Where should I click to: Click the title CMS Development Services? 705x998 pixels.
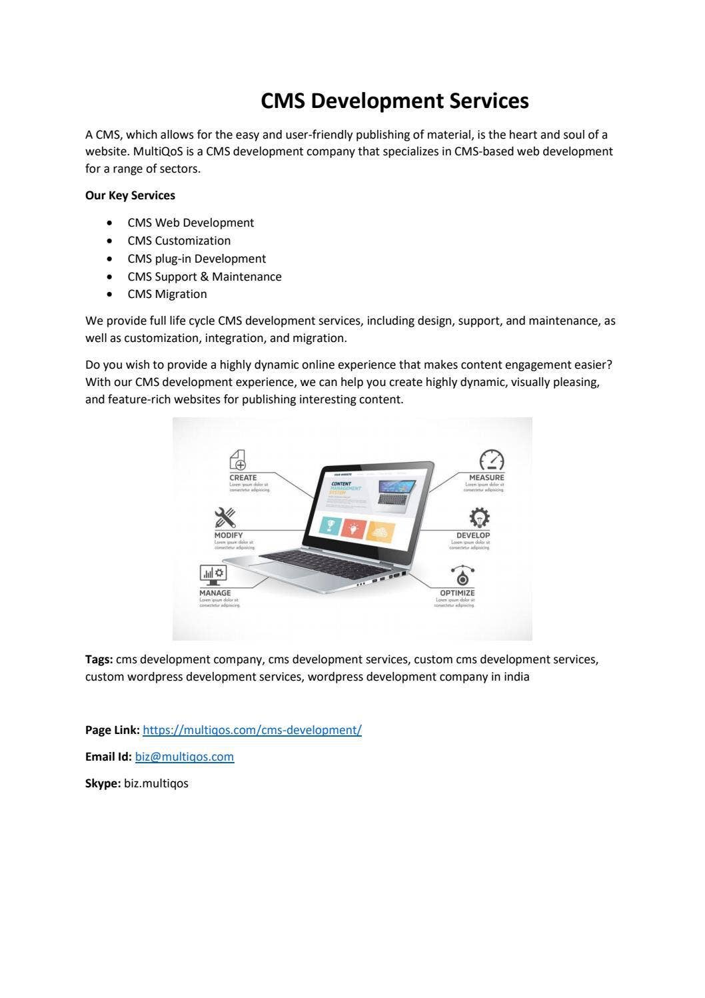pos(394,101)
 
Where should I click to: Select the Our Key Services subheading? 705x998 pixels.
pos(130,195)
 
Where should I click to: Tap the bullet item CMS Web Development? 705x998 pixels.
pos(191,223)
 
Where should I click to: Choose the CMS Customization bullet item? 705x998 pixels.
pos(179,241)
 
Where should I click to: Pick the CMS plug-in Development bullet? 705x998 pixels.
pos(197,259)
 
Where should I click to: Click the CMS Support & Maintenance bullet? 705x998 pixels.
pos(204,277)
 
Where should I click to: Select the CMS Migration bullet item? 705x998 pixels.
pos(167,294)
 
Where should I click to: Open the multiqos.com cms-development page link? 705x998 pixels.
pos(252,730)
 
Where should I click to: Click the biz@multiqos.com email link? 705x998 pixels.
pos(184,757)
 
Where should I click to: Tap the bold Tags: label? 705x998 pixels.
pos(99,659)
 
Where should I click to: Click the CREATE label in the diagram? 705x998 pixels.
pos(243,477)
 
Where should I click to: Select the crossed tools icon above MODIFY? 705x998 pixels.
pos(225,518)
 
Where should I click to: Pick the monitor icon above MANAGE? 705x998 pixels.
pos(213,575)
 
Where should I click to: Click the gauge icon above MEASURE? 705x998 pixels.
pos(492,460)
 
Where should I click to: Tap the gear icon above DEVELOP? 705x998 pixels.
pos(479,517)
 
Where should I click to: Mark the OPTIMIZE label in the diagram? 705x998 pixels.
pos(457,593)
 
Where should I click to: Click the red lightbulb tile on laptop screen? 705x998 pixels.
pos(353,528)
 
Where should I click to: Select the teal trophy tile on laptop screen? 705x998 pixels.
pos(330,525)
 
